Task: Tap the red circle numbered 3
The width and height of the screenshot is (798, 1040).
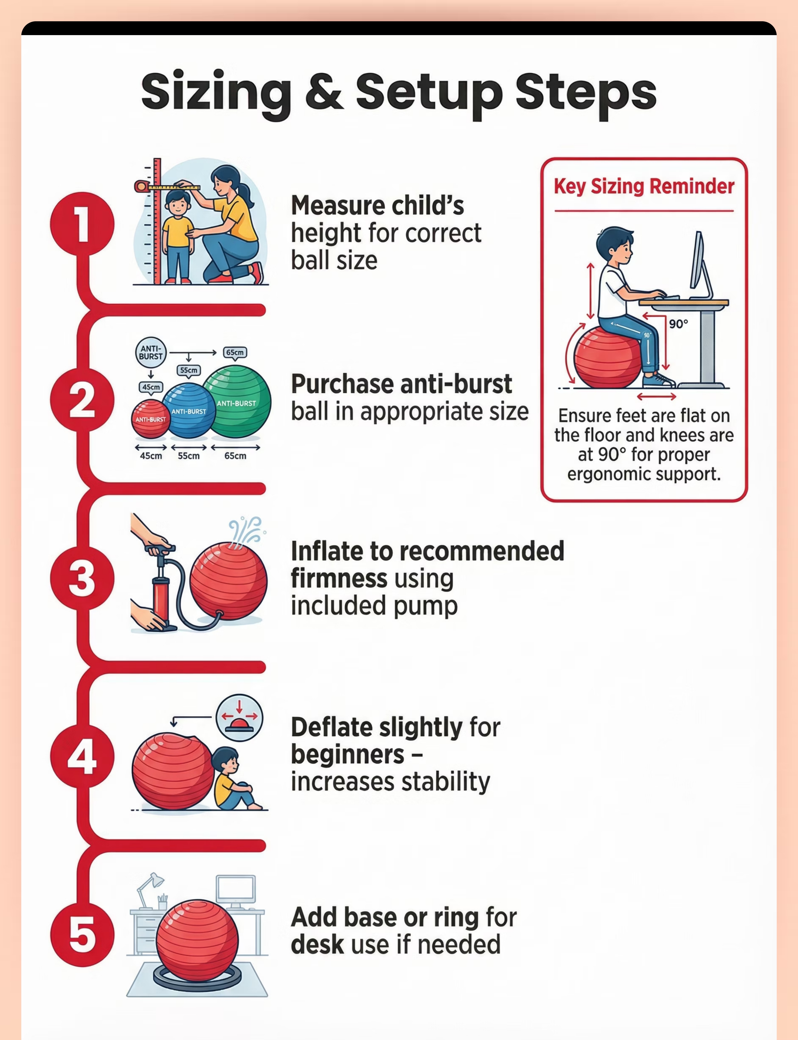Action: (82, 578)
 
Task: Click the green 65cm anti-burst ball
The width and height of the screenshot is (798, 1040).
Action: (237, 402)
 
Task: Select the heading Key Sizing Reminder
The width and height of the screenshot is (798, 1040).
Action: (644, 186)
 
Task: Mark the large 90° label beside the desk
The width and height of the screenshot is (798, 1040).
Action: (678, 324)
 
